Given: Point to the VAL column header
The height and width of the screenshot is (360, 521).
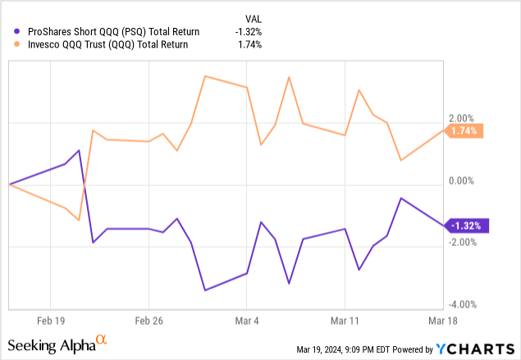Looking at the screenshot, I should [256, 17].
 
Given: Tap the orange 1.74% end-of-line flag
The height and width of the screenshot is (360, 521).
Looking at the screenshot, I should [465, 130].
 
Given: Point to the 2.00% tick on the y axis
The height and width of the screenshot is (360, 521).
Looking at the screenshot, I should [464, 118].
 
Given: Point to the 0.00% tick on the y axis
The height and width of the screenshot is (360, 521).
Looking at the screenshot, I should [464, 180].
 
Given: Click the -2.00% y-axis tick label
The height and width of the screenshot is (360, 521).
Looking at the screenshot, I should [462, 242].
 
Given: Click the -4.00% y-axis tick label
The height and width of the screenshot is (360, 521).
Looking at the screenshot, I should [462, 303].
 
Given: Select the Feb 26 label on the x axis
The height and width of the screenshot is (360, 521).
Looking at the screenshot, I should [148, 321].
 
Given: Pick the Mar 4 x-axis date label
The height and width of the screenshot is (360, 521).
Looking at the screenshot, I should [247, 321].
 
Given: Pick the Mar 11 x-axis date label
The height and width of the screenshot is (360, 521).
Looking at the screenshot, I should [345, 321].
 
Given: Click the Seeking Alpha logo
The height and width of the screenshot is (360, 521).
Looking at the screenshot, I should [57, 343].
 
